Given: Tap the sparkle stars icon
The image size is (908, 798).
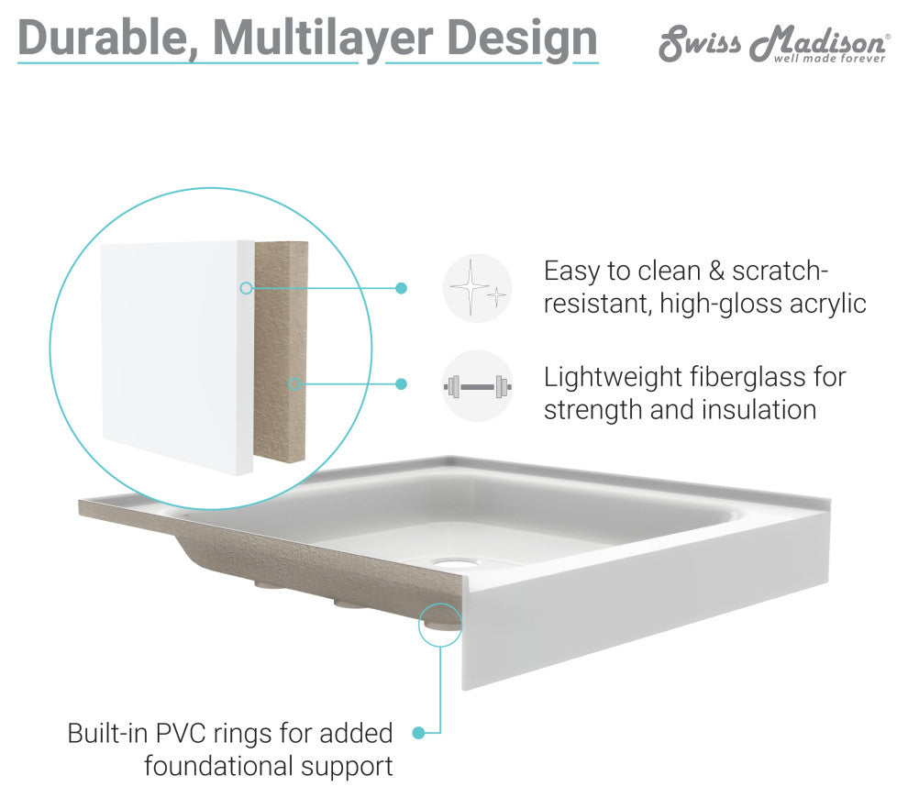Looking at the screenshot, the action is [x=477, y=288].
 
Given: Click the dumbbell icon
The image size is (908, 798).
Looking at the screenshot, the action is [x=477, y=386].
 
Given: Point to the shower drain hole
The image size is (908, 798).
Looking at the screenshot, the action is [x=454, y=561].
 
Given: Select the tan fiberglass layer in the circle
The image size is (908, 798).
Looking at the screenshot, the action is [x=281, y=351].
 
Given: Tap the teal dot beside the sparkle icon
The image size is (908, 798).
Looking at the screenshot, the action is [x=401, y=288].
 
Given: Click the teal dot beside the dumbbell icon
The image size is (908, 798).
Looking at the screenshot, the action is [x=401, y=384].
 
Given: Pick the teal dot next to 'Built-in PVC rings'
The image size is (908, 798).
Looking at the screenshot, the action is [x=418, y=733].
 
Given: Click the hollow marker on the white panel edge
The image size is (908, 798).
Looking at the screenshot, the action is [x=246, y=288].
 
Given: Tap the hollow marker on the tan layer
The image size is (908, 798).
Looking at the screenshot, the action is [x=294, y=384].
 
